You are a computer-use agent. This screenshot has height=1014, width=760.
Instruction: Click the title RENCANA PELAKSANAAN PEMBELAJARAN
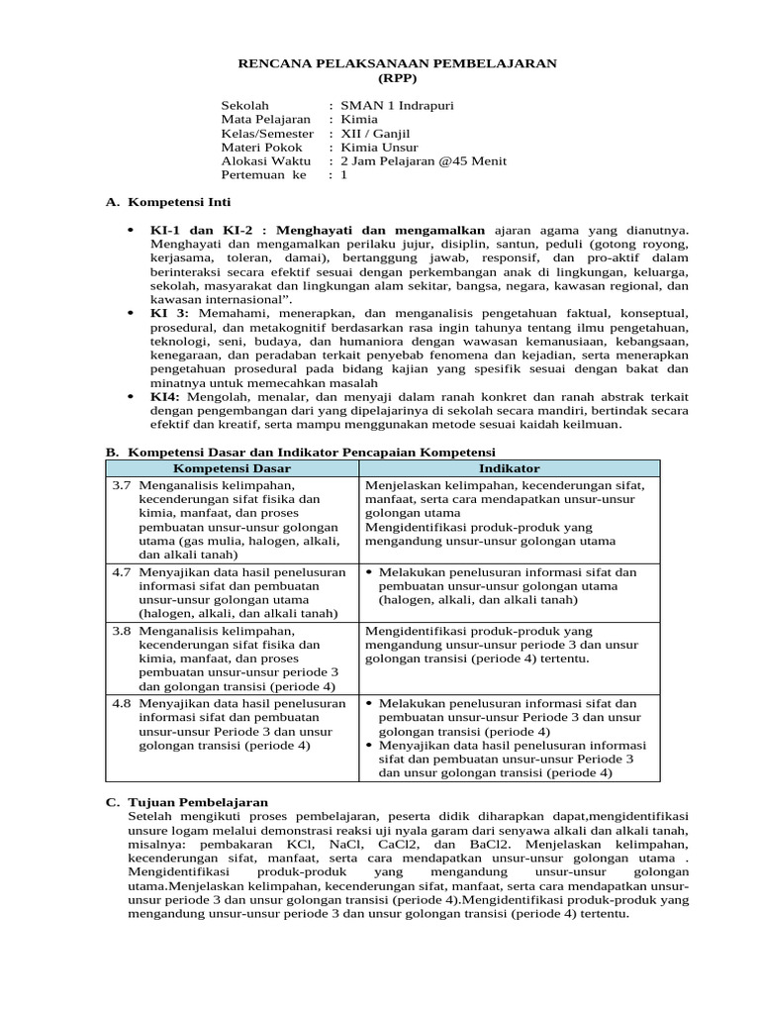coord(399,62)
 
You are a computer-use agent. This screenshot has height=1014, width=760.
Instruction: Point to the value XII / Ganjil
coord(375,133)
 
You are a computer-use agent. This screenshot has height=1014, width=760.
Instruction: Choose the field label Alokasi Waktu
coord(265,160)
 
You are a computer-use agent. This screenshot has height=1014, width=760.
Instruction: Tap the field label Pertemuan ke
coord(264,174)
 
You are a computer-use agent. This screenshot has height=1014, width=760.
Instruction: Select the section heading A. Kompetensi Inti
coord(167,202)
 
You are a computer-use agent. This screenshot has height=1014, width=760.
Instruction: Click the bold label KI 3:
coord(169,313)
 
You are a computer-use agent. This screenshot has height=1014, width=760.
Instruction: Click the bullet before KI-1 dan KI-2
coord(132,230)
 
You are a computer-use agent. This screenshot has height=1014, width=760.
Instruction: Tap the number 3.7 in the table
coord(121,486)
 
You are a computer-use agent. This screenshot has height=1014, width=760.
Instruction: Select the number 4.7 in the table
coord(121,572)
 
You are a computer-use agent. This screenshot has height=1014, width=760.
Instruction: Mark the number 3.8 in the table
coord(121,630)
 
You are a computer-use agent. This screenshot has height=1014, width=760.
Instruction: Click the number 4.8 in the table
coord(121,703)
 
